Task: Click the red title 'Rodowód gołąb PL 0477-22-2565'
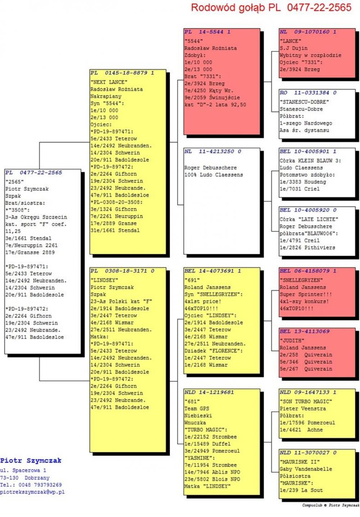(x=271, y=8)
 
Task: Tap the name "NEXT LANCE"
(x=109, y=82)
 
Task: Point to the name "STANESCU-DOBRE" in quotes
(x=304, y=102)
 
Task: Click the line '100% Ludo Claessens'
(x=213, y=175)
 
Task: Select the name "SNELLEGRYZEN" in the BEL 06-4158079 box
(x=301, y=280)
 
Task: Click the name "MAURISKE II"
(x=300, y=462)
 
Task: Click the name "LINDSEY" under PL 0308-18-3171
(x=104, y=280)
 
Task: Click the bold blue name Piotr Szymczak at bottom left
(x=31, y=460)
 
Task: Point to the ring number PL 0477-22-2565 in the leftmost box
(x=34, y=172)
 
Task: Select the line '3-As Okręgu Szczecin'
(x=36, y=217)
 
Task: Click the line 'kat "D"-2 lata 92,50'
(x=215, y=104)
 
